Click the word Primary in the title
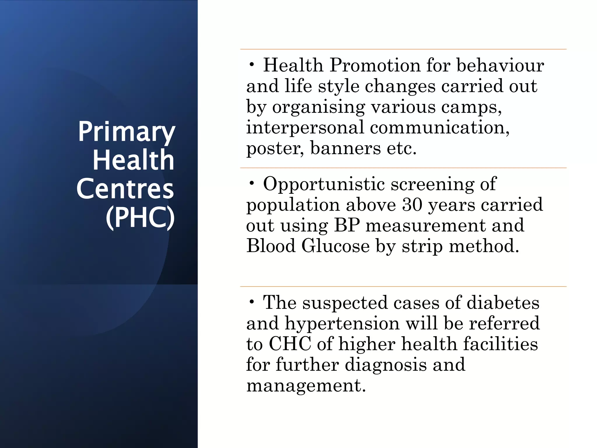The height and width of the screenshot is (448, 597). (126, 132)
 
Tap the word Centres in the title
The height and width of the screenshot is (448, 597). (125, 189)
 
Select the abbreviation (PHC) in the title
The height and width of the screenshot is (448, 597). (140, 217)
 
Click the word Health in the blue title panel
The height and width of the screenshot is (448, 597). (134, 160)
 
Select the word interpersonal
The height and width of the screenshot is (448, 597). (305, 127)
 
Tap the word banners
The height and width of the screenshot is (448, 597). (345, 148)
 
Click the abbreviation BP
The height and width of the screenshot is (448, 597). (347, 225)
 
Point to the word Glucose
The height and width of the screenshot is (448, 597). (335, 246)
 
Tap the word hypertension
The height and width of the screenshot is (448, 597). (342, 324)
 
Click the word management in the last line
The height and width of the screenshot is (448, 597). (306, 386)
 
